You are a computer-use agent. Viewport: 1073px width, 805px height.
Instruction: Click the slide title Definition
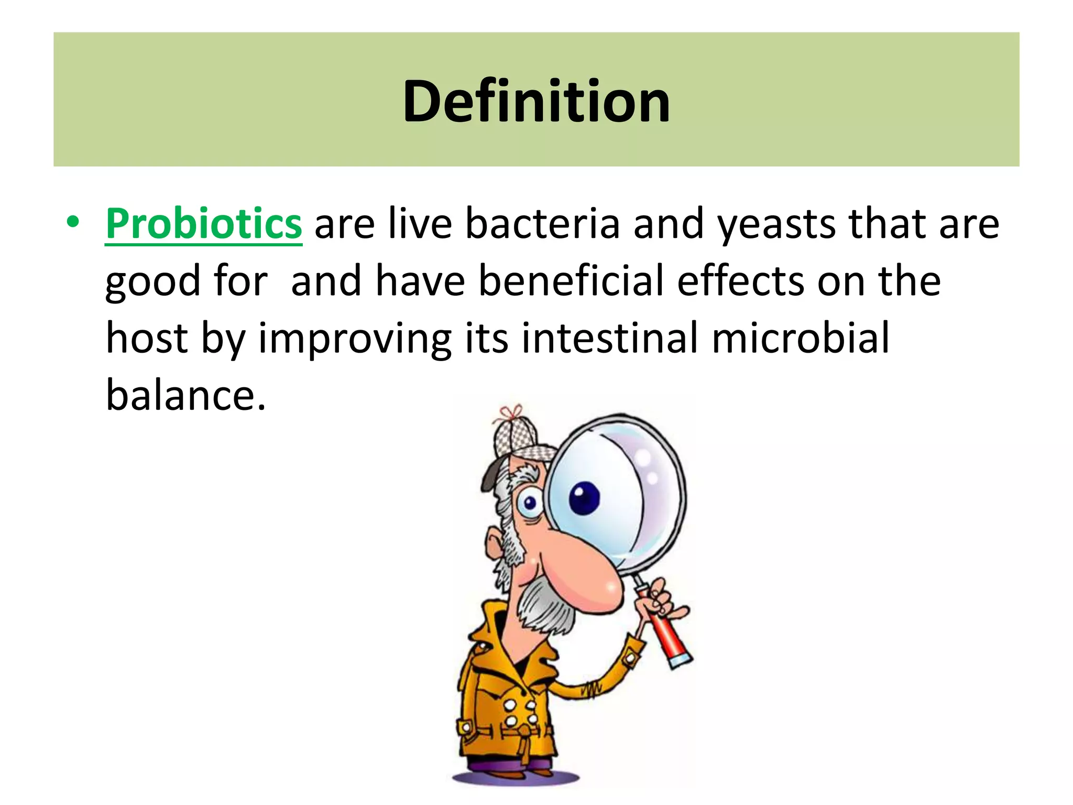(536, 101)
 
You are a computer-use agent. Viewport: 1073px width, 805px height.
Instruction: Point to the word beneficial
(571, 280)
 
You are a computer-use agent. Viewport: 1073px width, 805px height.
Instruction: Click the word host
(147, 338)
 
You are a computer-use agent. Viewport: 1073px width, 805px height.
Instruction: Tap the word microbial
(800, 338)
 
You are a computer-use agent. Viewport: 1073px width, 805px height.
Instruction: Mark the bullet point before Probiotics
(73, 222)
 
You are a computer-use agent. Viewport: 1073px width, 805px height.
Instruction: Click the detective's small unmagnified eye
(530, 504)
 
